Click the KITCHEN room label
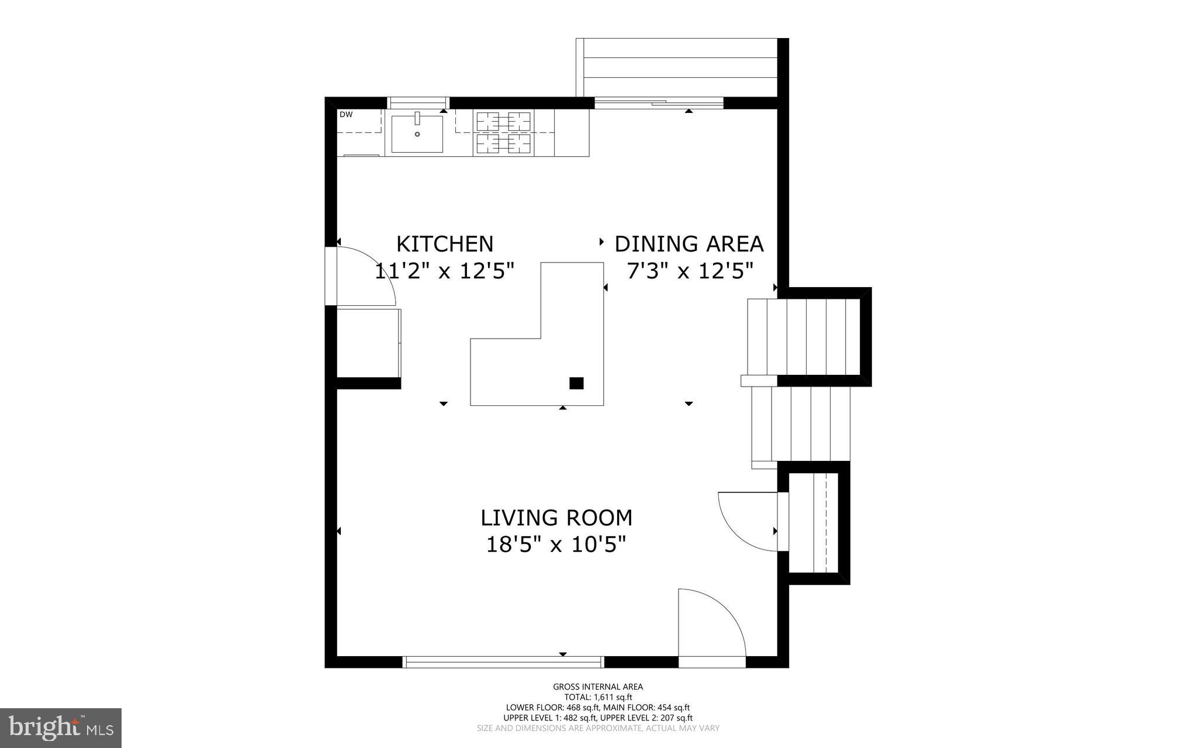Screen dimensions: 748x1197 coord(445,243)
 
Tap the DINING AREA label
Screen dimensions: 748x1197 coord(689,243)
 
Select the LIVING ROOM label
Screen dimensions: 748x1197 coord(556,518)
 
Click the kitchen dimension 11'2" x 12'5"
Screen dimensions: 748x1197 coord(444,271)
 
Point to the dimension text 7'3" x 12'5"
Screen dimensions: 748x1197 coord(690,271)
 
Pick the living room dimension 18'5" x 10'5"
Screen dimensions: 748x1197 coord(556,544)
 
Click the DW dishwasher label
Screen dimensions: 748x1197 coord(346,115)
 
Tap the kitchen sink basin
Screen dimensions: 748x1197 coord(417,134)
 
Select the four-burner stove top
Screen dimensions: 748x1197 coord(503,133)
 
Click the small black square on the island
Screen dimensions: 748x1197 coord(576,383)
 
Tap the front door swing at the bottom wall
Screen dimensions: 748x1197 coord(711,626)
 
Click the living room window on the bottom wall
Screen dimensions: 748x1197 coord(503,662)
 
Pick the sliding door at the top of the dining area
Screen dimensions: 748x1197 coord(659,103)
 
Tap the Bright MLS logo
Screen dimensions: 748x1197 coord(61,728)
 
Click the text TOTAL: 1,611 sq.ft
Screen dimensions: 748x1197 coord(598,697)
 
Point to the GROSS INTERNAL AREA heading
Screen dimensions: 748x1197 coord(598,687)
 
